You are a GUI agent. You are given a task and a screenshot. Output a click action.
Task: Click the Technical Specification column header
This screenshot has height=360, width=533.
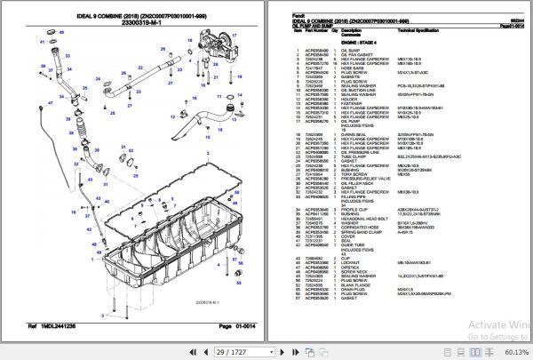click(x=425, y=30)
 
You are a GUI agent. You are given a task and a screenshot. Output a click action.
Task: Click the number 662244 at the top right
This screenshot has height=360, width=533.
click(x=512, y=7)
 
